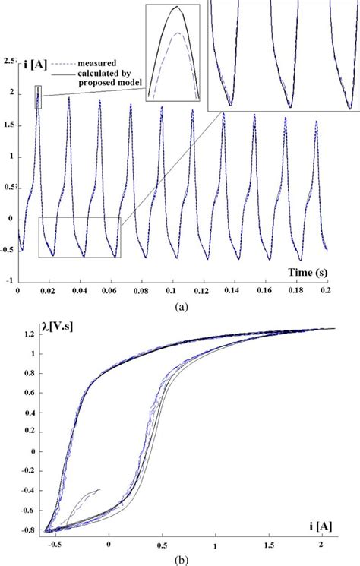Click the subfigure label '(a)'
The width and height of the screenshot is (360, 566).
pyautogui.click(x=180, y=306)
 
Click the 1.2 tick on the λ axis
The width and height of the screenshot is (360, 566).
pyautogui.click(x=28, y=334)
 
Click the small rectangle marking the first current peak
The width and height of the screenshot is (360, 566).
pyautogui.click(x=38, y=102)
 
